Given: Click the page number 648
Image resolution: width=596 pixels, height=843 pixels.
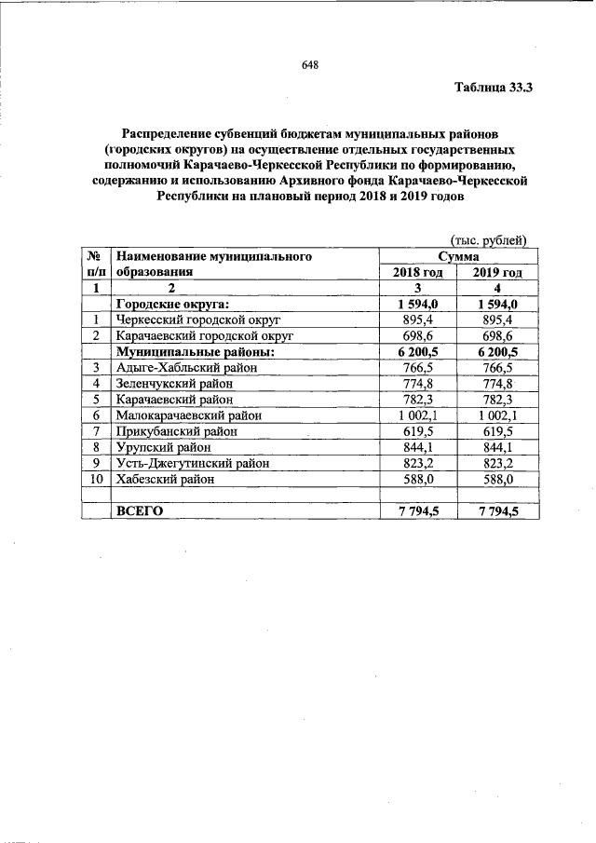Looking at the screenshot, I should point(310,65).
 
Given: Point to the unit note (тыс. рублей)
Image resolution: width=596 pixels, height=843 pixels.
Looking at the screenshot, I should point(489,240).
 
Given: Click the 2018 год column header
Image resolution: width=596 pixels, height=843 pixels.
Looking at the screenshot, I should point(416,272).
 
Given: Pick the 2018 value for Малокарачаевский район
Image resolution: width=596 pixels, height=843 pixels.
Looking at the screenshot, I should point(416,415).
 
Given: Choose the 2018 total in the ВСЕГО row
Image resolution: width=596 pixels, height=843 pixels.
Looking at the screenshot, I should point(416,510).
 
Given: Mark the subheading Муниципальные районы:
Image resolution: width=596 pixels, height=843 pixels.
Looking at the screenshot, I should point(193,352).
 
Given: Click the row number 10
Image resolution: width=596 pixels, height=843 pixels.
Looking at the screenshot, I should point(96,479).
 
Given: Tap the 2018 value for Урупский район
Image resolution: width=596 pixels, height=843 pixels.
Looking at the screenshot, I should point(416,447).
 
